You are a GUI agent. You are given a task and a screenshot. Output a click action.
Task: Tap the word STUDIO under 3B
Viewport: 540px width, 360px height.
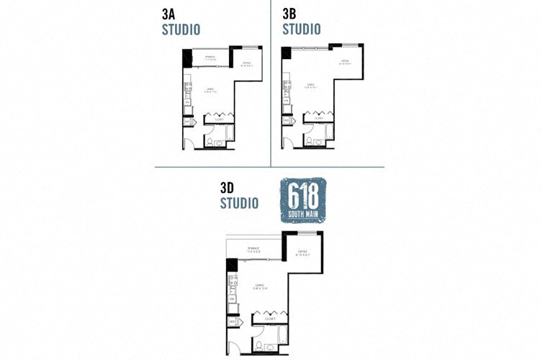point(301,30)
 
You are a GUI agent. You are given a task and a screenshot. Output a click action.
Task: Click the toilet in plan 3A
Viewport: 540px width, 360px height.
point(210,143)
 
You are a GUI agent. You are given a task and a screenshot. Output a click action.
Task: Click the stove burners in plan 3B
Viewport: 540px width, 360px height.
point(287,91)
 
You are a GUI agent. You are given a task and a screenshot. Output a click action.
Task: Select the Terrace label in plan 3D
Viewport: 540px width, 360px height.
point(253,250)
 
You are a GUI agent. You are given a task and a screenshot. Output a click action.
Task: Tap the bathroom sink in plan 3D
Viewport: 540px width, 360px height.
point(269,350)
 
